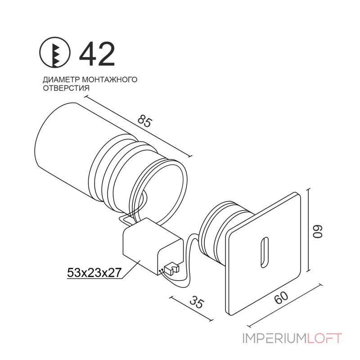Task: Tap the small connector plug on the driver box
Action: (x=171, y=269)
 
